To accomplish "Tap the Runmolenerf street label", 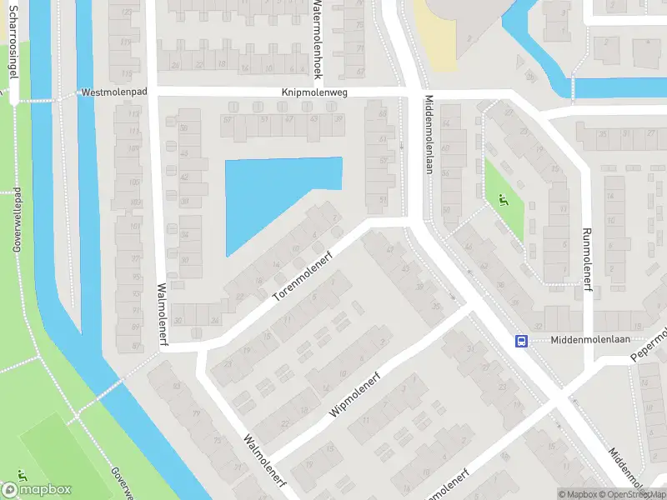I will [x=587, y=260].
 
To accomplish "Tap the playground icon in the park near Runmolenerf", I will [x=502, y=199].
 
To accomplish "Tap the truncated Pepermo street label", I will [x=650, y=341].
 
